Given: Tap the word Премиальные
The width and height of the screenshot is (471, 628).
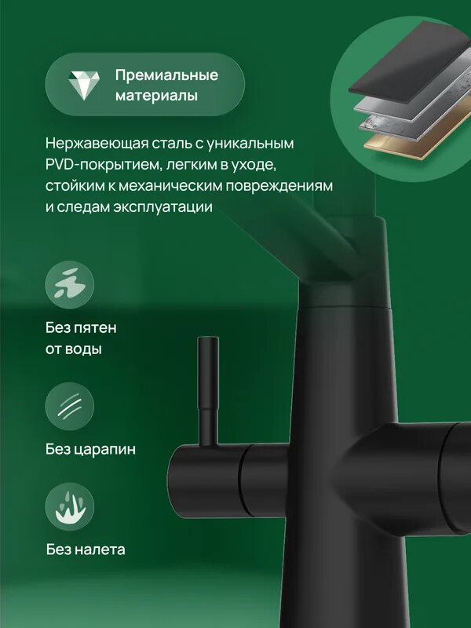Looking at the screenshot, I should (166, 75).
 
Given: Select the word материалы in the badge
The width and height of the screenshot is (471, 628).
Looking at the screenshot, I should (156, 96).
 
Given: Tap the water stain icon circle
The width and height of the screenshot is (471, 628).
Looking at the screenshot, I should (70, 284).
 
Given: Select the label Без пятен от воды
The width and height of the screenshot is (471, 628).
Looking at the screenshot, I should (81, 338).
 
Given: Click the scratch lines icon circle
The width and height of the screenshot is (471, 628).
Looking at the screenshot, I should (70, 406).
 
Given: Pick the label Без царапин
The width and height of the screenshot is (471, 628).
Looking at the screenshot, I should (90, 450).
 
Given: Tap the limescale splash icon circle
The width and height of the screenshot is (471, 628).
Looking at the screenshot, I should (70, 506).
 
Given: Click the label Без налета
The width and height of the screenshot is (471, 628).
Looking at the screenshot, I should (85, 549).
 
